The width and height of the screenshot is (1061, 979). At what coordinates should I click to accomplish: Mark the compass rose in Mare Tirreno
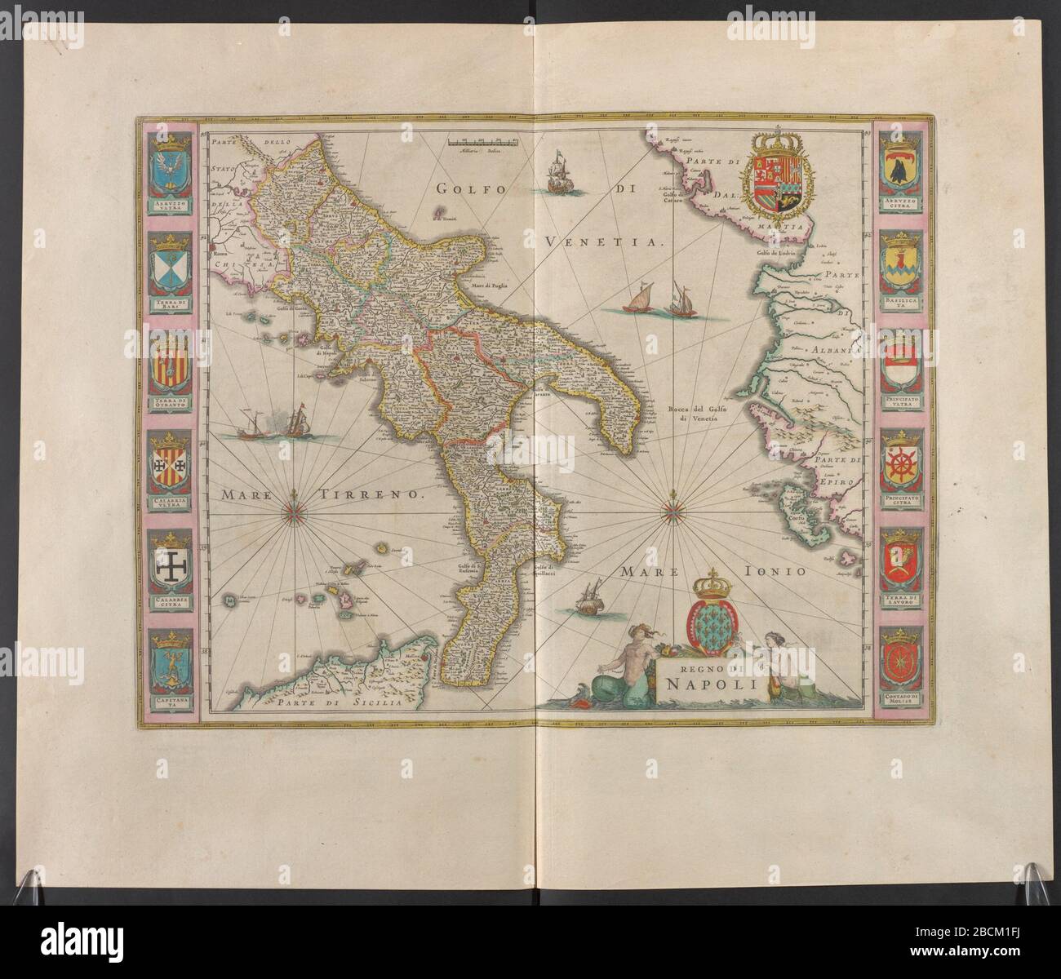point(294,512)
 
